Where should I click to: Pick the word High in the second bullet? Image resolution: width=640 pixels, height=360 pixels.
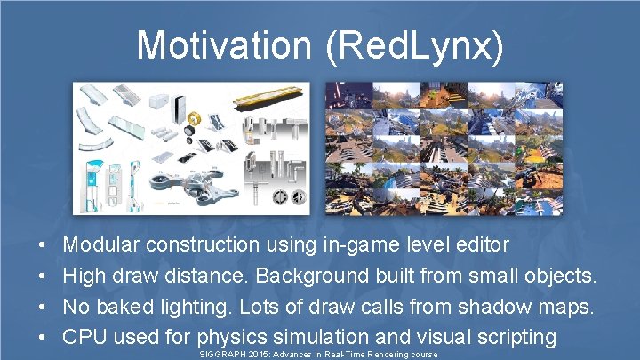click(x=84, y=275)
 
